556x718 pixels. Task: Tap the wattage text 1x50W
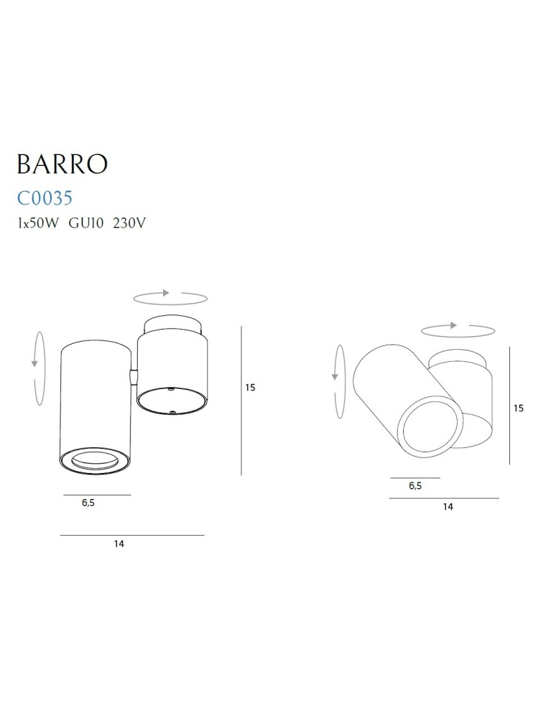[x=38, y=223]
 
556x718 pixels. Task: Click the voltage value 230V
[x=130, y=223]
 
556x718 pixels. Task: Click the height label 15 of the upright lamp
[x=250, y=388]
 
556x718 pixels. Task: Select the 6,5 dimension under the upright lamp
[x=88, y=503]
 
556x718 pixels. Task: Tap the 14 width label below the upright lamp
[x=119, y=544]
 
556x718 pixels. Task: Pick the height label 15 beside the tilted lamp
[x=519, y=408]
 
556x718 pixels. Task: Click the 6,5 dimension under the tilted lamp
[x=414, y=486]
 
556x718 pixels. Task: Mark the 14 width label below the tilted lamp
[x=448, y=507]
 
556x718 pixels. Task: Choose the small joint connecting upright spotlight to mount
[x=132, y=376]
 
